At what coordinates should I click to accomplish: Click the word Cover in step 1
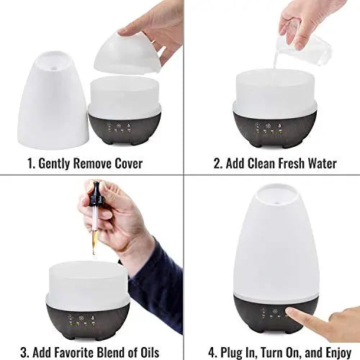[x=124, y=163]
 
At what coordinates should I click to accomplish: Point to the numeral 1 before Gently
[x=30, y=163]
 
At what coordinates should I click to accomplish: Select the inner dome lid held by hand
[x=128, y=54]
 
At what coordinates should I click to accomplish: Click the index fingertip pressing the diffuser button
[x=289, y=312]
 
